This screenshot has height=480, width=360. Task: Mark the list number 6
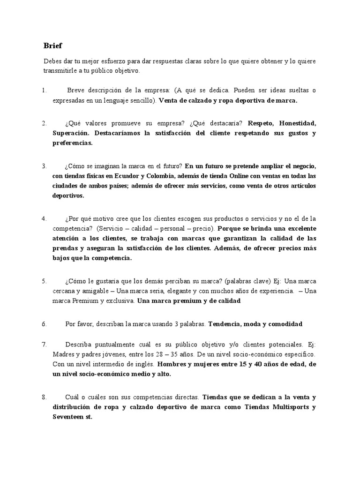click(x=44, y=324)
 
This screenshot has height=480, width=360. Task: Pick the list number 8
click(x=44, y=397)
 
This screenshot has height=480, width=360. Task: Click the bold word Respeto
click(x=261, y=123)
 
